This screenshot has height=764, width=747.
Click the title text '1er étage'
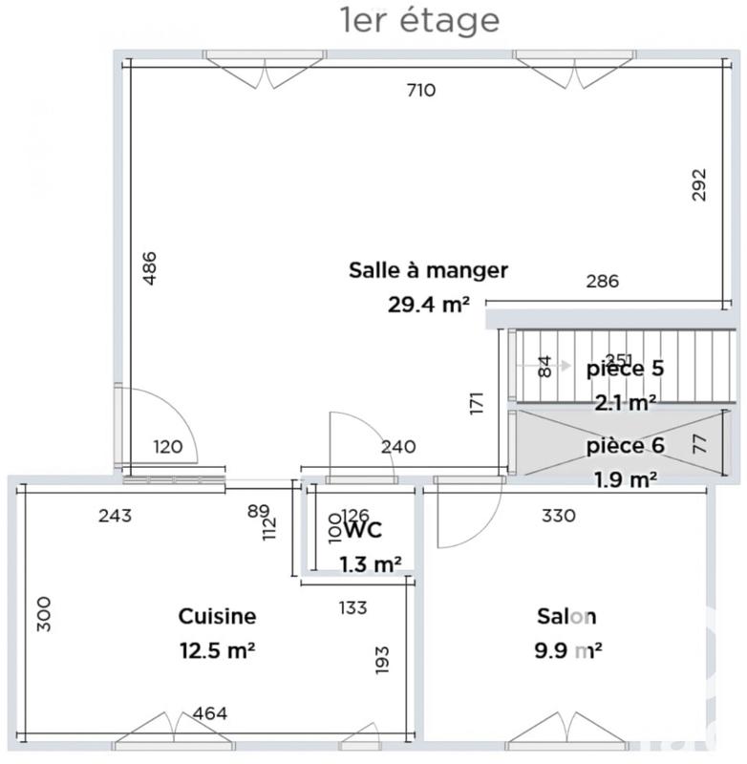(419, 20)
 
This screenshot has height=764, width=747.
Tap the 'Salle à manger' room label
(427, 270)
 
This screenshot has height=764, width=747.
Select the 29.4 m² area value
(427, 305)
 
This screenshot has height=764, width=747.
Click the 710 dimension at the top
(420, 92)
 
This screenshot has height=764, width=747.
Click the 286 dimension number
(602, 282)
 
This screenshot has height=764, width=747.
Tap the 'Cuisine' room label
(217, 617)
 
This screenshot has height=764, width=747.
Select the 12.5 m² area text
(217, 651)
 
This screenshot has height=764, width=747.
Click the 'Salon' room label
(566, 617)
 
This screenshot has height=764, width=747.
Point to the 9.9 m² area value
(568, 651)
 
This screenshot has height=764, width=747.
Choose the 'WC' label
(362, 529)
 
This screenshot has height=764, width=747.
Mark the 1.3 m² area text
(370, 564)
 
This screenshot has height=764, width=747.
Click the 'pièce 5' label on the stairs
(625, 368)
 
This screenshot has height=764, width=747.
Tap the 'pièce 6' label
(625, 446)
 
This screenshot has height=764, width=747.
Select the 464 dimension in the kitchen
(209, 713)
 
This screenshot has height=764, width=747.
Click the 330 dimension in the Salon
(559, 517)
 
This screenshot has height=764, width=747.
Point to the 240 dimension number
(397, 445)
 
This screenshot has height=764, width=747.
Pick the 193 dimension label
(383, 659)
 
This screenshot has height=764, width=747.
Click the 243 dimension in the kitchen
(115, 517)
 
